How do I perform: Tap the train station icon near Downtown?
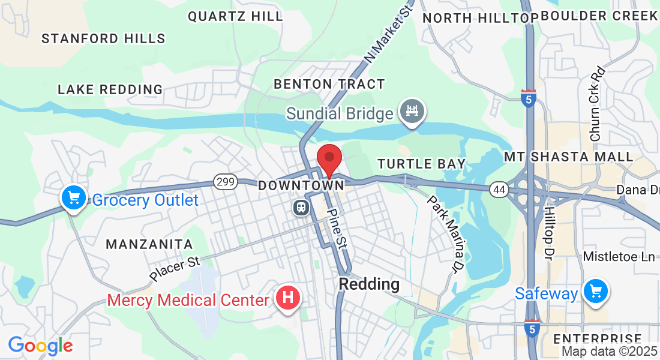click(x=301, y=208)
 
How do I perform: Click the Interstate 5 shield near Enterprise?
click(x=531, y=328)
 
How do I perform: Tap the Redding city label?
click(x=369, y=284)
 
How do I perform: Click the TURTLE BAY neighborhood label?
click(x=421, y=164)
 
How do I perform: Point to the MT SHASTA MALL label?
click(x=568, y=157)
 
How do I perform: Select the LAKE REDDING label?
click(x=110, y=90)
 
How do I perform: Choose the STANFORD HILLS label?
click(x=103, y=39)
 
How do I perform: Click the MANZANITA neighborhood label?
click(x=149, y=244)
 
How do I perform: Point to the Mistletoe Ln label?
click(x=619, y=257)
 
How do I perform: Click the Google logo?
click(x=40, y=346)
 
